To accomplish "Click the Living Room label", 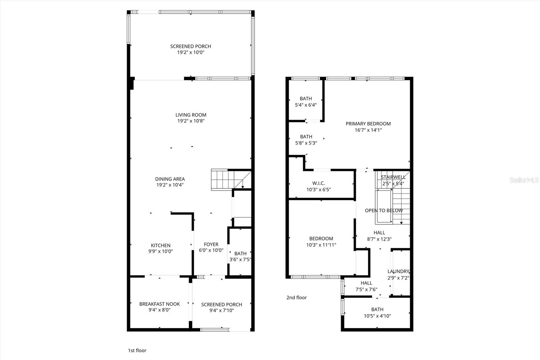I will click(x=191, y=115).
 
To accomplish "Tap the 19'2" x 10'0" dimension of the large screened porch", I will click(x=191, y=53).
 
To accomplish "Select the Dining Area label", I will click(x=170, y=179).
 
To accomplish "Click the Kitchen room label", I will click(x=161, y=246).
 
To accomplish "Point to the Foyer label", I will click(x=211, y=245).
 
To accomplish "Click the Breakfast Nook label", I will click(x=160, y=304).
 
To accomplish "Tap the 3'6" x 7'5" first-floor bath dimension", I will click(x=240, y=260).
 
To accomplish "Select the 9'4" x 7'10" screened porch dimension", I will click(x=222, y=310).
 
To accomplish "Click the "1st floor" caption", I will click(x=137, y=351).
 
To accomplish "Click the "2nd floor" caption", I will click(x=296, y=298).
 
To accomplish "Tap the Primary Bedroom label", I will click(x=368, y=124).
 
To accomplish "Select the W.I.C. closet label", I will click(x=318, y=183).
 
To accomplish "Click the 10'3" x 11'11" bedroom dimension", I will click(x=321, y=245).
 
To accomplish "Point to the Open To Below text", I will click(x=384, y=210).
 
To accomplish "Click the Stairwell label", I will click(x=393, y=177).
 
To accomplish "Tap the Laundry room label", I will click(x=398, y=272).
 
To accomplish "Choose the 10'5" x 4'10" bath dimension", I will click(x=377, y=316).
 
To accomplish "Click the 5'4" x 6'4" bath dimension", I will click(x=306, y=105).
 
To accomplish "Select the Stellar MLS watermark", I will click(x=524, y=180).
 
